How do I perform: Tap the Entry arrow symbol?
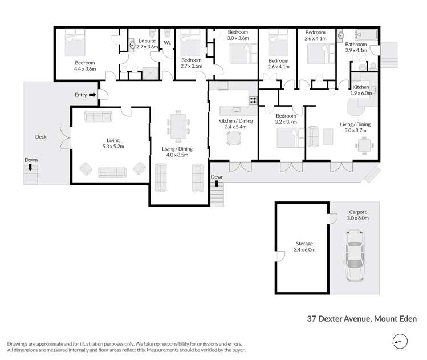(x=92, y=95)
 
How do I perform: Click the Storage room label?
(x=304, y=244)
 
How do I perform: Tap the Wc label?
(x=168, y=42)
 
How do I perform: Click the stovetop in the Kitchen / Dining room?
(x=253, y=100)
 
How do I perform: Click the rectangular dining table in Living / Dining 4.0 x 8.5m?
(x=178, y=126)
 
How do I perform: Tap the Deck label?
(x=40, y=137)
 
